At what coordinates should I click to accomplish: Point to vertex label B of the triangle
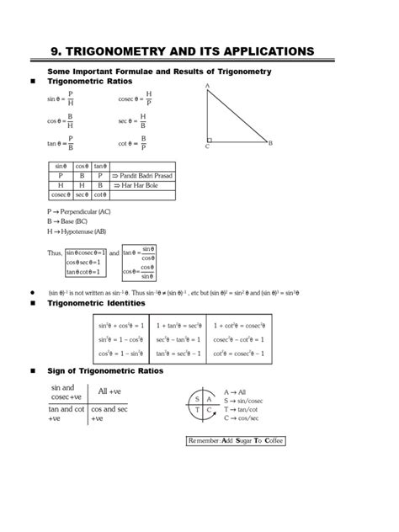pyautogui.click(x=270, y=143)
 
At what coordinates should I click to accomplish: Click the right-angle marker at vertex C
pyautogui.click(x=210, y=139)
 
